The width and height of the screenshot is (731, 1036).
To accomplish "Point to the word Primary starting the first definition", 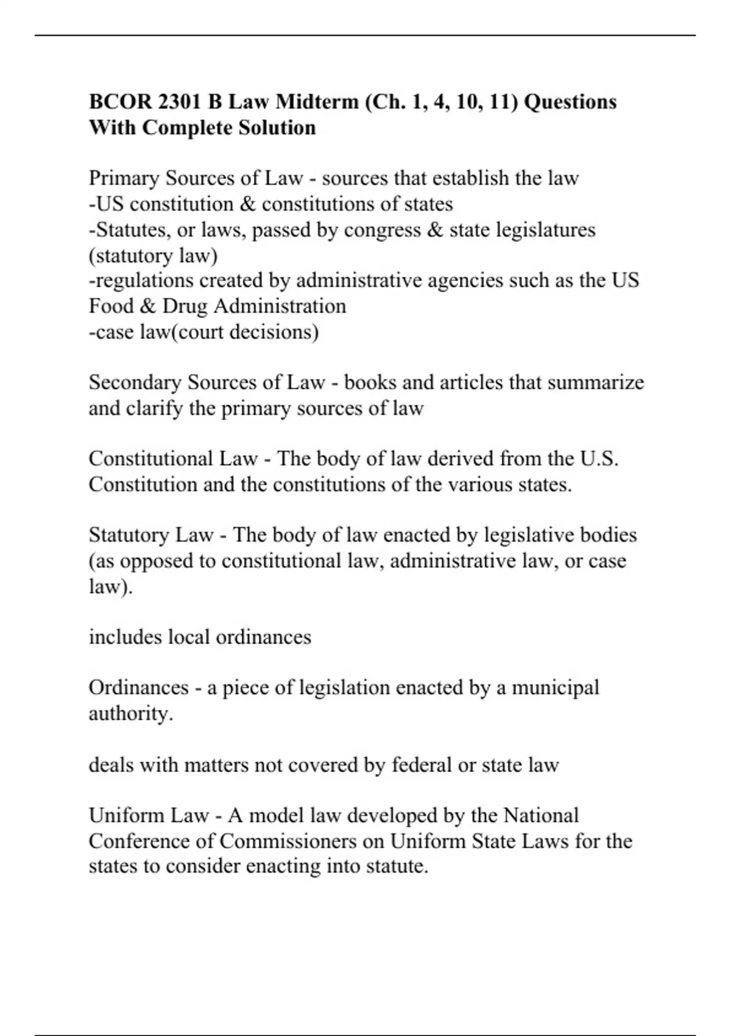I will pyautogui.click(x=124, y=178).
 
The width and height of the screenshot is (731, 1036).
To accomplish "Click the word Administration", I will pyautogui.click(x=280, y=306).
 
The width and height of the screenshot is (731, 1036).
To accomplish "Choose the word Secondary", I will pyautogui.click(x=135, y=382).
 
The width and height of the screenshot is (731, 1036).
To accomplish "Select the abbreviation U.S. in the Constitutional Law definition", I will pyautogui.click(x=599, y=458).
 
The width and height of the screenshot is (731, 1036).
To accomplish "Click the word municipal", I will pyautogui.click(x=555, y=687).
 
